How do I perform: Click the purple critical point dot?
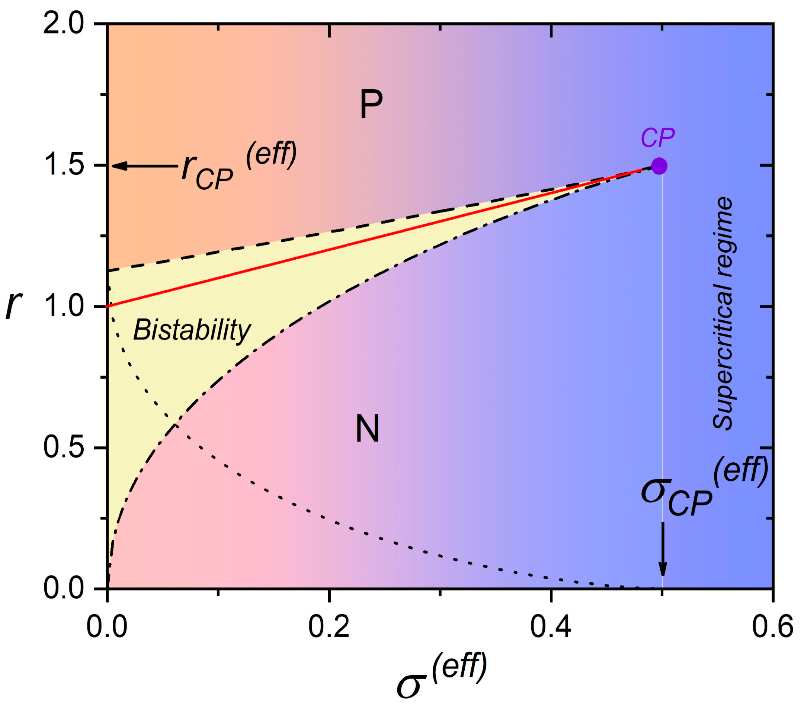tap(660, 166)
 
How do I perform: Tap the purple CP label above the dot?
tap(657, 138)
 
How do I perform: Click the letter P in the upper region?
tap(371, 105)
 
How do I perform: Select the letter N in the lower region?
tap(367, 429)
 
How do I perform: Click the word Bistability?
tap(192, 330)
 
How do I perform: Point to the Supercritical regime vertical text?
tap(722, 314)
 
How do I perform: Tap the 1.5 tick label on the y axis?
tap(64, 166)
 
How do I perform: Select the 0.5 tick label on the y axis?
tap(64, 447)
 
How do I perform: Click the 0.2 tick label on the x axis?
tap(329, 627)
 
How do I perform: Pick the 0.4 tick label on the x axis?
tap(551, 627)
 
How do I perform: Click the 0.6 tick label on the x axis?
tap(771, 627)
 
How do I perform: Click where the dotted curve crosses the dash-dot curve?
tap(176, 426)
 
